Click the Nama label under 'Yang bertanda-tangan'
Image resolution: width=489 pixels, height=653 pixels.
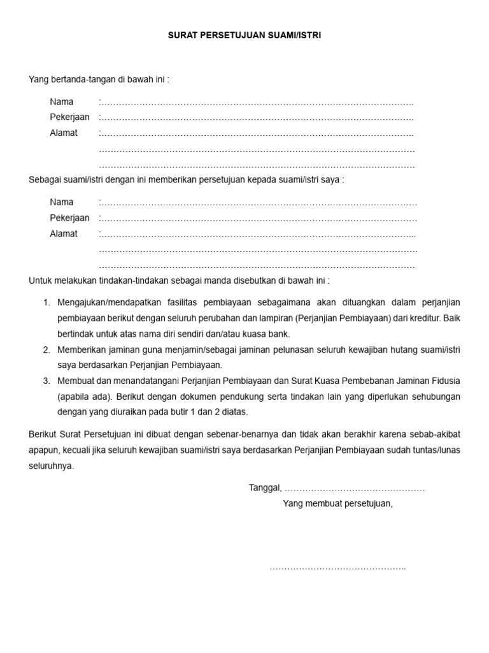point(62,102)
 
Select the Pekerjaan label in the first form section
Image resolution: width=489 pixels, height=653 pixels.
point(69,117)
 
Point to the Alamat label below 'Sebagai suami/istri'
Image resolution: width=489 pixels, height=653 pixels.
point(64,233)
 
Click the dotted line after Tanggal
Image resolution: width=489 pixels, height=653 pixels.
point(354,488)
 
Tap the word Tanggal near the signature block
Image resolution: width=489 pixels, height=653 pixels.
point(264,488)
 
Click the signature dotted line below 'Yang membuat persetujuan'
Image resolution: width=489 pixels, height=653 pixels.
point(337,568)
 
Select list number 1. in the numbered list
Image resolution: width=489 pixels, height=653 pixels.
point(46,302)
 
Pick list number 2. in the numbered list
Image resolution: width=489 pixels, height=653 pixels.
point(46,350)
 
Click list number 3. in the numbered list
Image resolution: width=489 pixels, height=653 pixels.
point(46,381)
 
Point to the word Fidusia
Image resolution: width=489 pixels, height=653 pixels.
point(445,381)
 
